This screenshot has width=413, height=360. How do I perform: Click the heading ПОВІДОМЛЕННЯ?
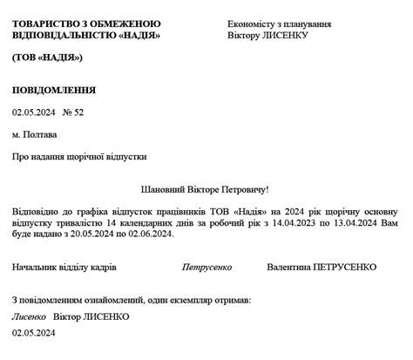(x=54, y=90)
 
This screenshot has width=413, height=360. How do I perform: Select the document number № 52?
(x=73, y=112)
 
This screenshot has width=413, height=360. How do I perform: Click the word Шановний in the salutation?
(x=163, y=188)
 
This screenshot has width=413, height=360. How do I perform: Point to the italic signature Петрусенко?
(x=207, y=267)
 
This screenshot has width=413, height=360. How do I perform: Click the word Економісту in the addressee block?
(x=251, y=24)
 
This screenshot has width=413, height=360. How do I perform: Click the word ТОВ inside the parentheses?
(x=28, y=57)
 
